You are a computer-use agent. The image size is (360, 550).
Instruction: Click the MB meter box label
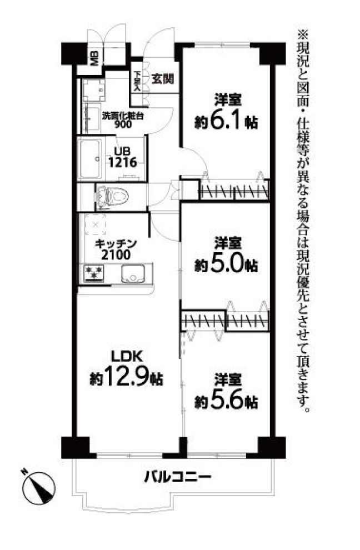95,58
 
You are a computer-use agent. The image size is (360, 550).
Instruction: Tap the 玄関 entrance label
162,79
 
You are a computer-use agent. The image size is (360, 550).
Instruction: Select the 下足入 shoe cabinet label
137,81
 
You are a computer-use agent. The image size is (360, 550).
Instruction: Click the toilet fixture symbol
112,197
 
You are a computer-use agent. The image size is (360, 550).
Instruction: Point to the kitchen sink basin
133,273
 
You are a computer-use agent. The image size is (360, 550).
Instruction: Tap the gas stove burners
94,273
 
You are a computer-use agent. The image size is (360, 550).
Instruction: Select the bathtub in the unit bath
90,158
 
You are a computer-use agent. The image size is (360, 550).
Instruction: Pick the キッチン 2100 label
116,249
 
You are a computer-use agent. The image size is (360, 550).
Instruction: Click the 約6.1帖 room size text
227,122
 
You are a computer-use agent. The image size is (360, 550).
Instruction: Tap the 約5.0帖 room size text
227,265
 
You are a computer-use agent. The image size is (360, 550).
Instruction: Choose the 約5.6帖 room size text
227,402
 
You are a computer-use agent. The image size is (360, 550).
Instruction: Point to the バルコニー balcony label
178,476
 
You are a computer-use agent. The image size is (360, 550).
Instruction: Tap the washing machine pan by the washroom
94,91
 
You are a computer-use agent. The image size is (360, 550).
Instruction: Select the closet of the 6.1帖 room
234,189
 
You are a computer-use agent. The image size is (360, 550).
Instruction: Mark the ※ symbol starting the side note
303,35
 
